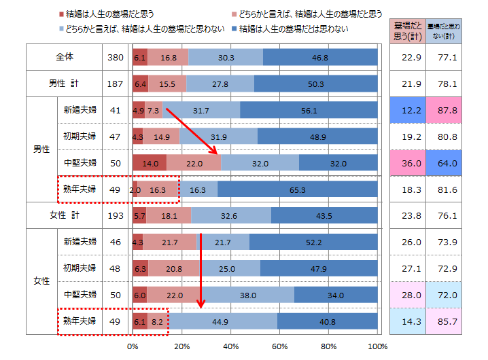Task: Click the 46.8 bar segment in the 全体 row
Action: [x=319, y=58]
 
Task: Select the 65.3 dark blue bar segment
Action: [x=297, y=190]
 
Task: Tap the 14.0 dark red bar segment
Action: [x=150, y=163]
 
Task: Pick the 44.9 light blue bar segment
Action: [x=223, y=321]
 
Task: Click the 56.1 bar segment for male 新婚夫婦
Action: [x=309, y=110]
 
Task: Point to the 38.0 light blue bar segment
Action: [x=247, y=295]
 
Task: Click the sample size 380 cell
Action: [x=116, y=58]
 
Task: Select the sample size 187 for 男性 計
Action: [x=116, y=84]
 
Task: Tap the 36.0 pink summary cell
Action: [x=407, y=163]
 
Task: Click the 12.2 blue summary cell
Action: [x=407, y=110]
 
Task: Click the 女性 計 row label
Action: [x=64, y=215]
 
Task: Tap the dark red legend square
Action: [x=61, y=14]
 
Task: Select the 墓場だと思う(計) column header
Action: [x=407, y=31]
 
